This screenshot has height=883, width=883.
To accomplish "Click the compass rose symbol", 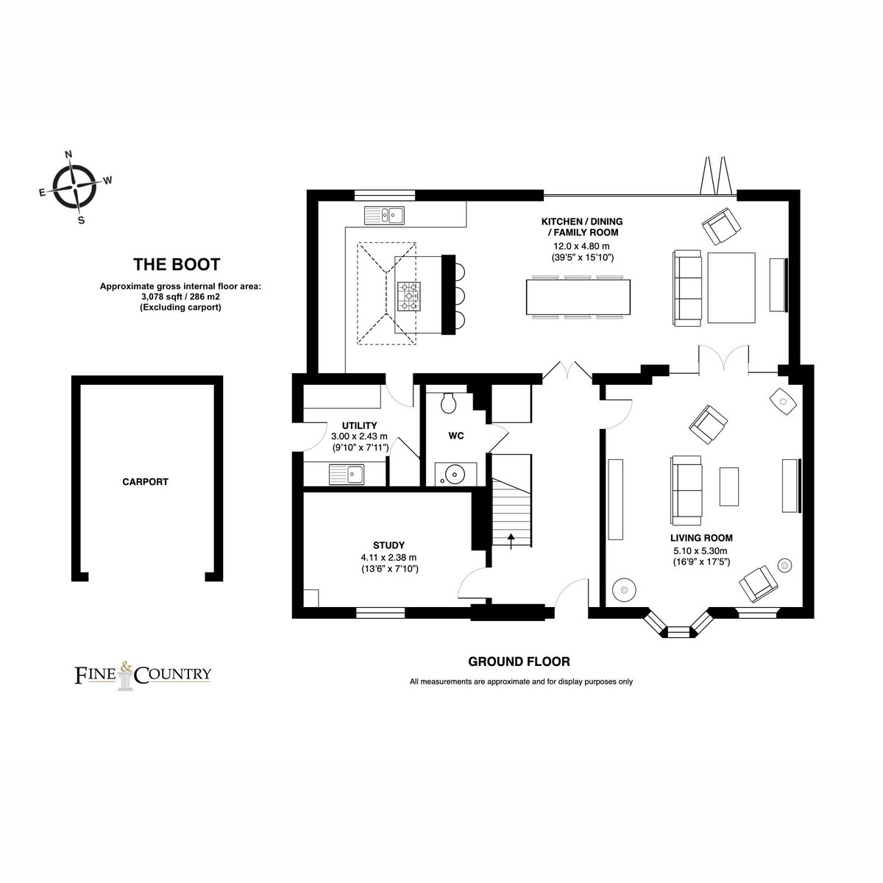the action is click(75, 186).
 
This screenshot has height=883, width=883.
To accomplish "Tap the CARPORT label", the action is click(145, 481).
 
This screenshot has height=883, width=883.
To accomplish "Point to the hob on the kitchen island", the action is click(408, 296).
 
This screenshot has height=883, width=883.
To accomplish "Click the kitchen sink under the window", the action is click(384, 215).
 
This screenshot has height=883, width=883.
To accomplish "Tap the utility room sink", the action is click(347, 475).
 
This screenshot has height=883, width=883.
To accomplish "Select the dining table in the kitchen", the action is click(578, 297).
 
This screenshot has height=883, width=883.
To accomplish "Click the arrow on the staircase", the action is click(511, 541).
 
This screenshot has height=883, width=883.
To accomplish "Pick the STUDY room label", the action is click(389, 545).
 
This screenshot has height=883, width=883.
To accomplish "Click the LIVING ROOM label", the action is click(701, 538).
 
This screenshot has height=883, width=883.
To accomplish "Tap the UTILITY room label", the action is click(360, 425).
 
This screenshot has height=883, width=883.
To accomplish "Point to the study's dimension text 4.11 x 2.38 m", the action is click(389, 558).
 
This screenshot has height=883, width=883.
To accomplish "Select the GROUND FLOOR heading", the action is click(519, 662).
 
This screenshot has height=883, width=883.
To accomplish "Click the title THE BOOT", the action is click(177, 264).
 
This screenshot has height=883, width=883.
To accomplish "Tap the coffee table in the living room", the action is click(728, 486).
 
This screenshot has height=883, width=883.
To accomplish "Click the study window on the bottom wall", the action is click(380, 613).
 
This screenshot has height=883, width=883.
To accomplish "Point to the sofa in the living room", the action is click(687, 490).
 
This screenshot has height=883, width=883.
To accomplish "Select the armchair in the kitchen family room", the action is click(722, 227).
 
